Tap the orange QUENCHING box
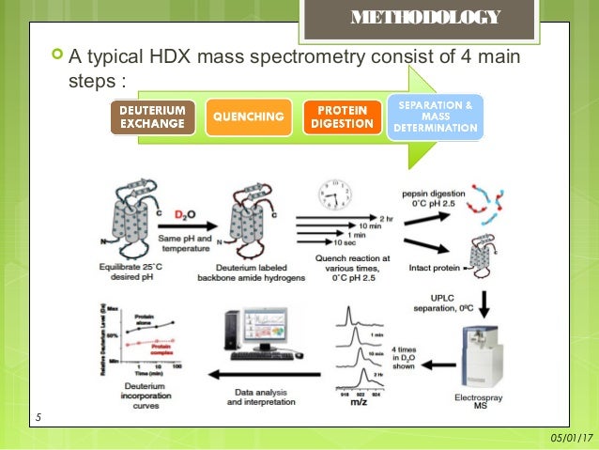click(248, 117)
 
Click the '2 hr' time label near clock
click(387, 215)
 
